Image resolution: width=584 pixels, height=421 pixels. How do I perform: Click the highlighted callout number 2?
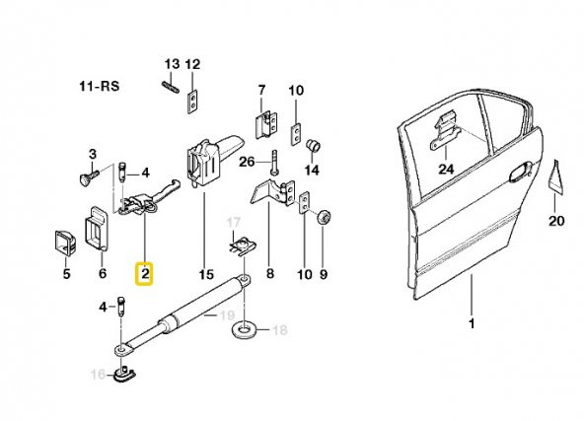click(145, 274)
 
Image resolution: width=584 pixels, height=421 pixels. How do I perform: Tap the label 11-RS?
click(100, 87)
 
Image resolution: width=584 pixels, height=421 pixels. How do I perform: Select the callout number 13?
click(172, 64)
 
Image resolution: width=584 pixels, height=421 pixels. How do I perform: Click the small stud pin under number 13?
click(171, 88)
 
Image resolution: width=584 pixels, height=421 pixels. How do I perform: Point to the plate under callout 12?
click(191, 102)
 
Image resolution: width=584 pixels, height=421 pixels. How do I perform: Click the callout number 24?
click(446, 170)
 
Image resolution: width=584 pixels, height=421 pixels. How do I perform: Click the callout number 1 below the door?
click(472, 323)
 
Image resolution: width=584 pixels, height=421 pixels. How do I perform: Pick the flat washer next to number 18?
click(244, 329)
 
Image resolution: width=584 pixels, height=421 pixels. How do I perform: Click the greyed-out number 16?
click(99, 374)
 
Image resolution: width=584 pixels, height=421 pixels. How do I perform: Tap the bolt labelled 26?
click(274, 161)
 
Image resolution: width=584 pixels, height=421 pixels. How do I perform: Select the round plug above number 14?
click(314, 145)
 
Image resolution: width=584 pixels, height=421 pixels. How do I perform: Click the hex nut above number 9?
click(324, 217)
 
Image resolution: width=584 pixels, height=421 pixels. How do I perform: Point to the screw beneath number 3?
click(89, 175)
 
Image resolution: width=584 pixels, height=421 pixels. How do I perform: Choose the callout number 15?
click(206, 275)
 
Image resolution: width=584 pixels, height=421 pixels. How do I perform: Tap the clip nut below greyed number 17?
click(242, 247)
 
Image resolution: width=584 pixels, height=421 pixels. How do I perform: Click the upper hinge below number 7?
click(266, 125)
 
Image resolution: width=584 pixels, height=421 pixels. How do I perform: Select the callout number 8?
click(270, 274)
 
